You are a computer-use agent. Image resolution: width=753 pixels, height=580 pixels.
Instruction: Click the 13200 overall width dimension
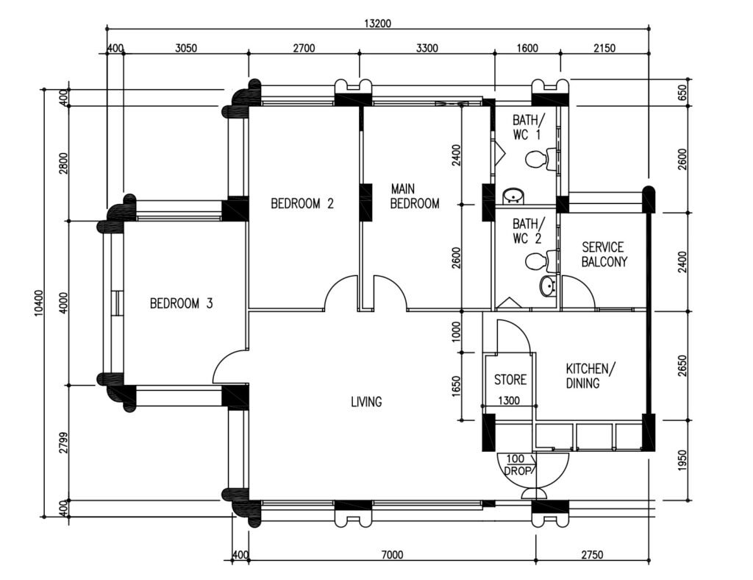click(377, 24)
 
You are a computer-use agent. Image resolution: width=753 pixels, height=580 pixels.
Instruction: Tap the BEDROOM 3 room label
click(181, 303)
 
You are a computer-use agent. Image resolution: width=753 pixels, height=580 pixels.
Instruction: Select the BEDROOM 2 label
click(302, 204)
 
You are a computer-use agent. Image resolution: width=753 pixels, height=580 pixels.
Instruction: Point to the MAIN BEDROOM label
click(415, 196)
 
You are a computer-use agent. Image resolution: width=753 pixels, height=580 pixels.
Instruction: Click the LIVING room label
click(366, 401)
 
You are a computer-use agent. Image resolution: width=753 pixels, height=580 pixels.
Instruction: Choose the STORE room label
click(510, 380)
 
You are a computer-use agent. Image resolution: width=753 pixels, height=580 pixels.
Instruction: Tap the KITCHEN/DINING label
click(590, 376)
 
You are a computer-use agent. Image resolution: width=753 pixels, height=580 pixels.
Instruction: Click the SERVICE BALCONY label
click(604, 254)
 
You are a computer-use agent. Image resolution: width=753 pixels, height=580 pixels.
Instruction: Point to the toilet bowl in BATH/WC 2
click(536, 261)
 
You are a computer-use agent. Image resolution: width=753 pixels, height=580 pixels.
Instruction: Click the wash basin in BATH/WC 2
click(547, 287)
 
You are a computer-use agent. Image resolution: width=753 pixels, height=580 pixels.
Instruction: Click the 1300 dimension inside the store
click(509, 400)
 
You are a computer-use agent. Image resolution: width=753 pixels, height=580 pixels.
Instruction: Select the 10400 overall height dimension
click(39, 303)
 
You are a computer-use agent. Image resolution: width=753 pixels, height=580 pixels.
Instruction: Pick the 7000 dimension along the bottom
click(393, 555)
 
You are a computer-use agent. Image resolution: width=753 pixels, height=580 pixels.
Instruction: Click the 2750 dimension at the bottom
click(592, 555)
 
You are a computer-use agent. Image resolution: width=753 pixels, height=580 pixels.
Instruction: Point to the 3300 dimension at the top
click(427, 48)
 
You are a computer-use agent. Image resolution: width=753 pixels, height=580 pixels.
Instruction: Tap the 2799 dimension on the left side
click(63, 442)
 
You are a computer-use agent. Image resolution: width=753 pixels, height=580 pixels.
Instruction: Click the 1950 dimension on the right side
click(682, 460)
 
